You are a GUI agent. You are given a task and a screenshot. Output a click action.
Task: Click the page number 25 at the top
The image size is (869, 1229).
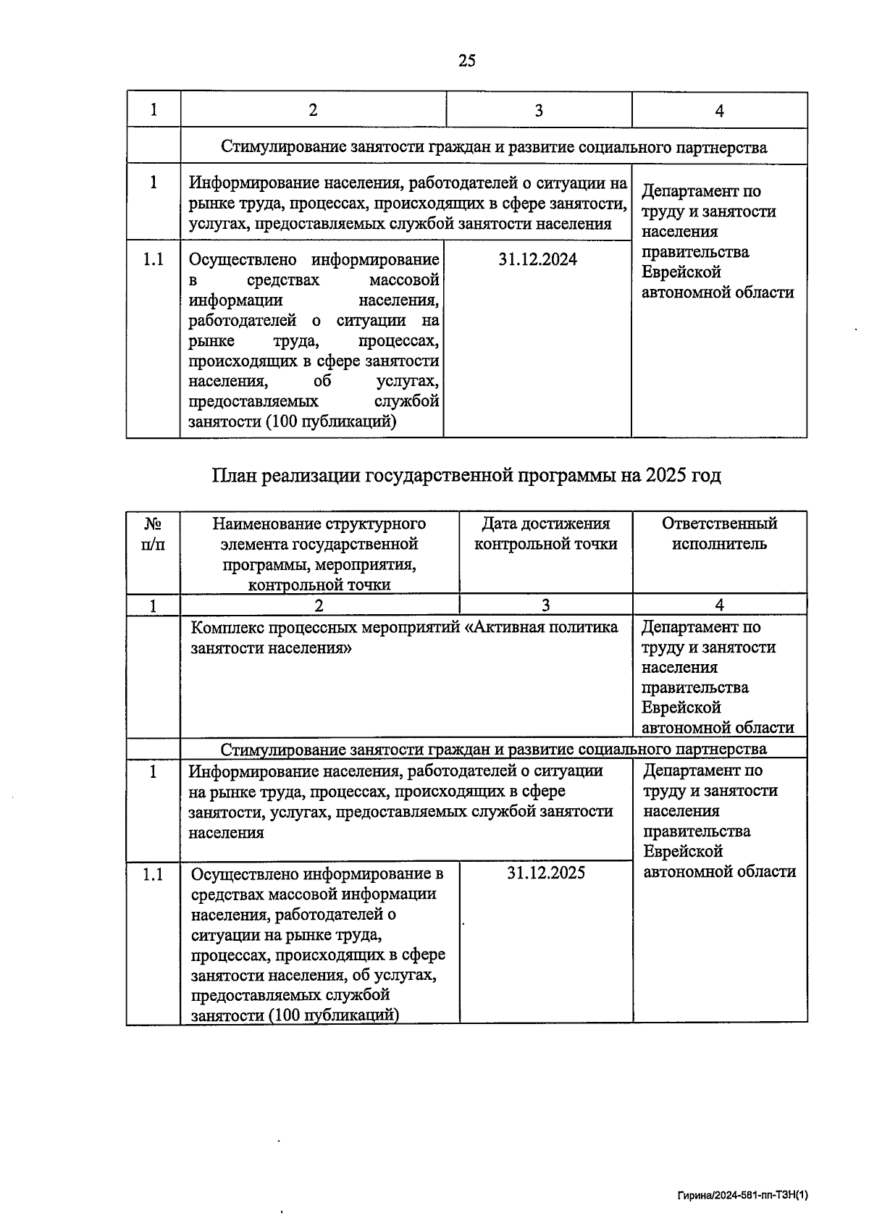pyautogui.click(x=467, y=61)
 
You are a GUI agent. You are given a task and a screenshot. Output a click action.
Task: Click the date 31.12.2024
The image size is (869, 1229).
pyautogui.click(x=537, y=259)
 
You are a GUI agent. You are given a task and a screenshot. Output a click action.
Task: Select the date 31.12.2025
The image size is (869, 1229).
pyautogui.click(x=546, y=873)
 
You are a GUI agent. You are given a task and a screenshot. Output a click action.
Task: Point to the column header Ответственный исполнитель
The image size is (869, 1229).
pyautogui.click(x=719, y=534)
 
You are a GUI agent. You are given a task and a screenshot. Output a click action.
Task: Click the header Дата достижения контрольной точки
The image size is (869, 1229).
pyautogui.click(x=545, y=534)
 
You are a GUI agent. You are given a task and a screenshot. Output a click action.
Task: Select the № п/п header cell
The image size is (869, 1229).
pyautogui.click(x=153, y=534)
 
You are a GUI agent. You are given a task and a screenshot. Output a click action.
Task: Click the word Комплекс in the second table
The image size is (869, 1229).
pyautogui.click(x=226, y=627)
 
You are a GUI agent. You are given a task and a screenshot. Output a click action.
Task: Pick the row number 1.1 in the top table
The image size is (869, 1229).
pyautogui.click(x=153, y=259)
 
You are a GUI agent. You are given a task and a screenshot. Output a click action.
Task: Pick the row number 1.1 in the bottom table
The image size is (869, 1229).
pyautogui.click(x=153, y=874)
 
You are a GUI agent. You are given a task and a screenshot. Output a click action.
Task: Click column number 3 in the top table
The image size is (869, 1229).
pyautogui.click(x=539, y=110)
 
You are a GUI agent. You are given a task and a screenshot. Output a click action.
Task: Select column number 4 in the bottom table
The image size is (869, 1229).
pyautogui.click(x=719, y=605)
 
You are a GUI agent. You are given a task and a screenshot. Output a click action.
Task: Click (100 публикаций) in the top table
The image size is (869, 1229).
pyautogui.click(x=329, y=421)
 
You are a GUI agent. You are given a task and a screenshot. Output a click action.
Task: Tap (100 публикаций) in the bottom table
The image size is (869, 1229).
pyautogui.click(x=332, y=1015)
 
